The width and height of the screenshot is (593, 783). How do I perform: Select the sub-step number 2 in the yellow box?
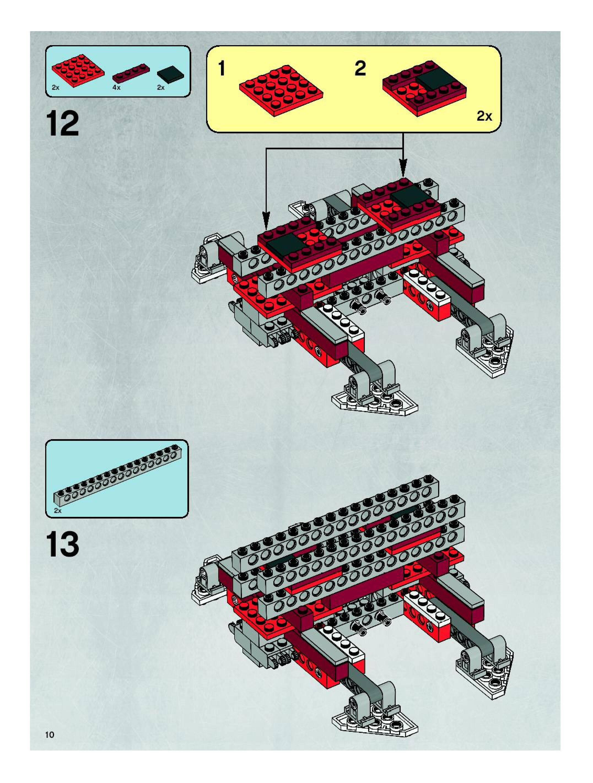[360, 69]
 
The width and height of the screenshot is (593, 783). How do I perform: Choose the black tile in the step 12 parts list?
[171, 74]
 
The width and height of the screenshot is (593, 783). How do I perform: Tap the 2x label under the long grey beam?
[58, 511]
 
